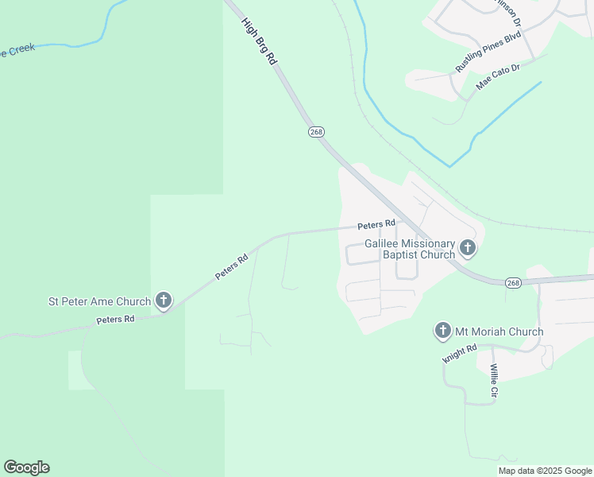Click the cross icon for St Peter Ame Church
tap(164, 301)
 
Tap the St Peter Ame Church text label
tap(99, 301)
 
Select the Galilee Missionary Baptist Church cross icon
tap(468, 249)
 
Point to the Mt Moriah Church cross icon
tap(443, 331)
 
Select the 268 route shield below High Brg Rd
tap(316, 132)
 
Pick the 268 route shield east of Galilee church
tap(514, 282)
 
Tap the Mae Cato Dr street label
tap(497, 76)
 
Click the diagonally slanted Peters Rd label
tap(232, 266)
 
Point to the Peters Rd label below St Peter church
tap(115, 319)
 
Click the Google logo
tap(26, 467)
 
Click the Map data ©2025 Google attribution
tap(545, 471)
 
